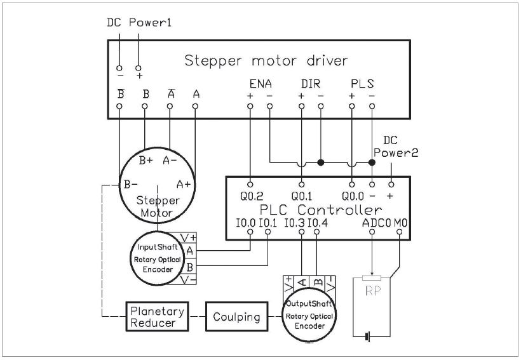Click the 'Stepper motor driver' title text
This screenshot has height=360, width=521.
pyautogui.click(x=266, y=61)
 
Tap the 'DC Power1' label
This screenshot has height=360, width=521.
pyautogui.click(x=139, y=23)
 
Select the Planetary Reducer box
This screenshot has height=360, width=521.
pyautogui.click(x=157, y=316)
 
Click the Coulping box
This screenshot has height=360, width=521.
pyautogui.click(x=236, y=316)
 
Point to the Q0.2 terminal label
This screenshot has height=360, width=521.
pyautogui.click(x=252, y=196)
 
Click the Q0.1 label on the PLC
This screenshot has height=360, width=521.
pyautogui.click(x=302, y=196)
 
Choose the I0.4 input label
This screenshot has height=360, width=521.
pyautogui.click(x=318, y=223)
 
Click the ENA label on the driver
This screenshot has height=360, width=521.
pyautogui.click(x=260, y=84)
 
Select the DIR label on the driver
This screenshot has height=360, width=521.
pyautogui.click(x=311, y=84)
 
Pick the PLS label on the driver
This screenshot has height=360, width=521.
pyautogui.click(x=362, y=84)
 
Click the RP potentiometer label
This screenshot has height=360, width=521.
pyautogui.click(x=373, y=291)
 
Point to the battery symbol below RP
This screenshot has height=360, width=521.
pyautogui.click(x=367, y=337)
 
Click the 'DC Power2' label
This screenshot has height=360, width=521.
pyautogui.click(x=395, y=147)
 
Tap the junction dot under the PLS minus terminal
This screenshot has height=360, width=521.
pyautogui.click(x=372, y=163)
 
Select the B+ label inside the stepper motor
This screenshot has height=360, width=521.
pyautogui.click(x=146, y=161)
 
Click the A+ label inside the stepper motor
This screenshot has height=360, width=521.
pyautogui.click(x=184, y=184)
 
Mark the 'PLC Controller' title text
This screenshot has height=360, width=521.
pyautogui.click(x=321, y=210)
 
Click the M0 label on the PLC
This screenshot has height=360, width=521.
pyautogui.click(x=401, y=223)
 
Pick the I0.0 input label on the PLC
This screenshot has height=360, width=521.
pyautogui.click(x=245, y=223)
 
